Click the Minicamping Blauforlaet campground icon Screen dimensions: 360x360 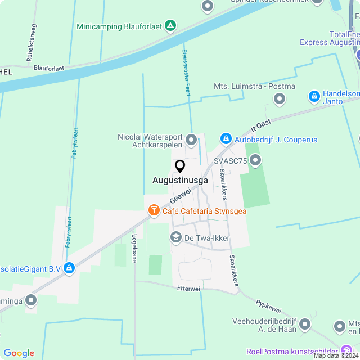[x=171, y=26]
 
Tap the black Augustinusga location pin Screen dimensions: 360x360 [x=180, y=166]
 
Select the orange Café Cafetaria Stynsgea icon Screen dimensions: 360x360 [x=153, y=210]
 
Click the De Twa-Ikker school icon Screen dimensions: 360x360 [x=176, y=238]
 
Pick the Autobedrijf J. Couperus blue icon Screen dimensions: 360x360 [x=226, y=138]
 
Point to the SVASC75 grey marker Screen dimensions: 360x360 [x=256, y=161]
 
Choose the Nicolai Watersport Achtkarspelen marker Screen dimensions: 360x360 [x=191, y=139]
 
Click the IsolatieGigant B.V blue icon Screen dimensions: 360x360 [x=69, y=268]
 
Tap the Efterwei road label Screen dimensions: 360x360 [x=188, y=289]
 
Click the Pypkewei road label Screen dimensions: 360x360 [x=268, y=306]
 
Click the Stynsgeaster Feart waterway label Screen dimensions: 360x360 [x=185, y=73]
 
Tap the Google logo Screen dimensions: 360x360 [x=19, y=353]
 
